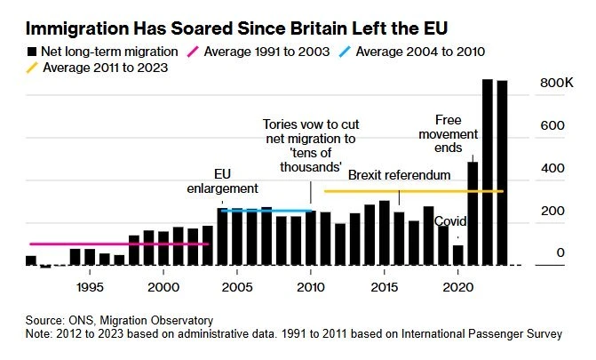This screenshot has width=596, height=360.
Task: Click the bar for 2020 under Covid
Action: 458,254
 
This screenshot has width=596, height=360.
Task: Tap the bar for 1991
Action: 31,260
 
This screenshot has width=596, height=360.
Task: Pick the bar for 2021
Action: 473,212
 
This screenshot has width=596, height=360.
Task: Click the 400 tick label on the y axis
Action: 553,169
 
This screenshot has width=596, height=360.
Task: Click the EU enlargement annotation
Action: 223,180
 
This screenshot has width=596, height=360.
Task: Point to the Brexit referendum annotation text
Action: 399,175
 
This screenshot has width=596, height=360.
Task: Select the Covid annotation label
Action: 452,221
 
